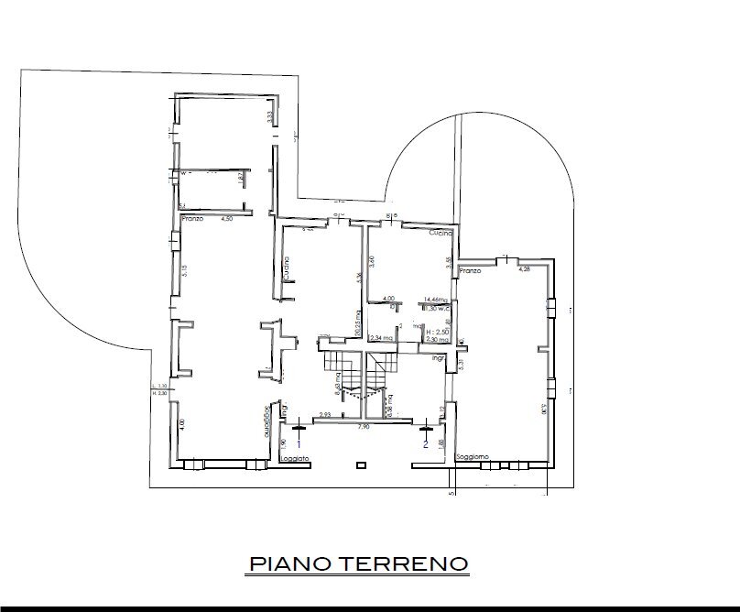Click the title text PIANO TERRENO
click(358, 563)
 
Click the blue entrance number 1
click(298, 443)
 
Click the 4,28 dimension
click(525, 269)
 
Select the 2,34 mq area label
click(380, 339)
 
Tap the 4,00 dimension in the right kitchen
click(387, 299)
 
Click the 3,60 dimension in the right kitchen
click(373, 261)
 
